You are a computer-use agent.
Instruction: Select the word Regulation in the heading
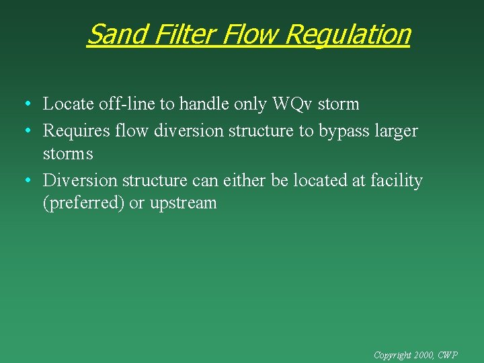pos(348,34)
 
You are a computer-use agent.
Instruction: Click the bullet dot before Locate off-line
pos(25,105)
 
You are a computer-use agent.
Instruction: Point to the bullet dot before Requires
pos(25,131)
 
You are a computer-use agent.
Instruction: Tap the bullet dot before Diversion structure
pos(25,181)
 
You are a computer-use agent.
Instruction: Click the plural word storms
pos(67,154)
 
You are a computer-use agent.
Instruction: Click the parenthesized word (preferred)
pos(83,204)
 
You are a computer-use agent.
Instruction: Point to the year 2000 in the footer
pos(425,354)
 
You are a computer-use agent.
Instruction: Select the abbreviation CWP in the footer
pos(448,354)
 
